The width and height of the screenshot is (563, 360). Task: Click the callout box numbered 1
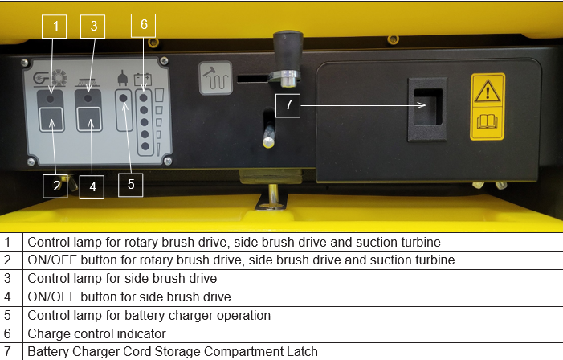point(55,27)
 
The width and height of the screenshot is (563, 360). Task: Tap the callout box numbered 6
point(143,25)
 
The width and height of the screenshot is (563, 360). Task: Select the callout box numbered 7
point(288,105)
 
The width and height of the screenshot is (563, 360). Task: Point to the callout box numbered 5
point(131,185)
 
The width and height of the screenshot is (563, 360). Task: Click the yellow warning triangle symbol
point(488,92)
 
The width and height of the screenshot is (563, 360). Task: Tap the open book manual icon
point(488,121)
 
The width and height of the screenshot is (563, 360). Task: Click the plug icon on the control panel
point(123,78)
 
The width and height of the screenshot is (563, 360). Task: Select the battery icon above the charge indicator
point(143,79)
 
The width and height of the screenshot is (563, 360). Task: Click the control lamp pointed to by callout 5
point(123,98)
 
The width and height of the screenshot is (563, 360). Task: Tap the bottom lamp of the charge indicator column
point(145,146)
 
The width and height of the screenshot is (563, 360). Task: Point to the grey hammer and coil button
point(216,78)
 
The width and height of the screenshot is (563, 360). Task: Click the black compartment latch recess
point(427,107)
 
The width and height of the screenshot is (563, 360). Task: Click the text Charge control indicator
point(96,333)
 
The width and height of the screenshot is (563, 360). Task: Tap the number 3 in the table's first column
point(7,279)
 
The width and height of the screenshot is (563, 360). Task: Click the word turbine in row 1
point(421,242)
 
